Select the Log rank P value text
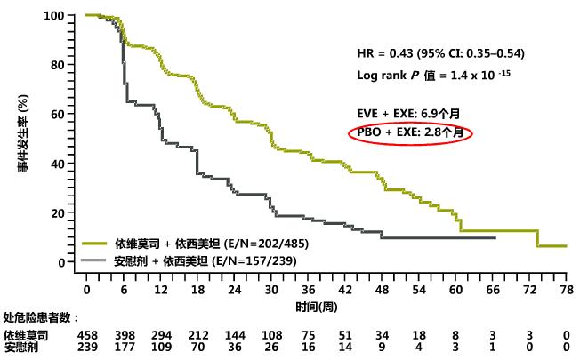(x=431, y=76)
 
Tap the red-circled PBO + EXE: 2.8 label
(x=409, y=132)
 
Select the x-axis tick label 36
(x=308, y=291)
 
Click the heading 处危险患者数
(x=41, y=317)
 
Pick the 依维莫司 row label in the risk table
(x=25, y=335)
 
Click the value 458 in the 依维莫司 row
(x=87, y=335)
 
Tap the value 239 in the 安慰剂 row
(x=87, y=348)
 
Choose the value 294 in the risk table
(x=161, y=335)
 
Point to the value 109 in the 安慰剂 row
(x=161, y=348)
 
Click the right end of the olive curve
(x=566, y=246)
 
